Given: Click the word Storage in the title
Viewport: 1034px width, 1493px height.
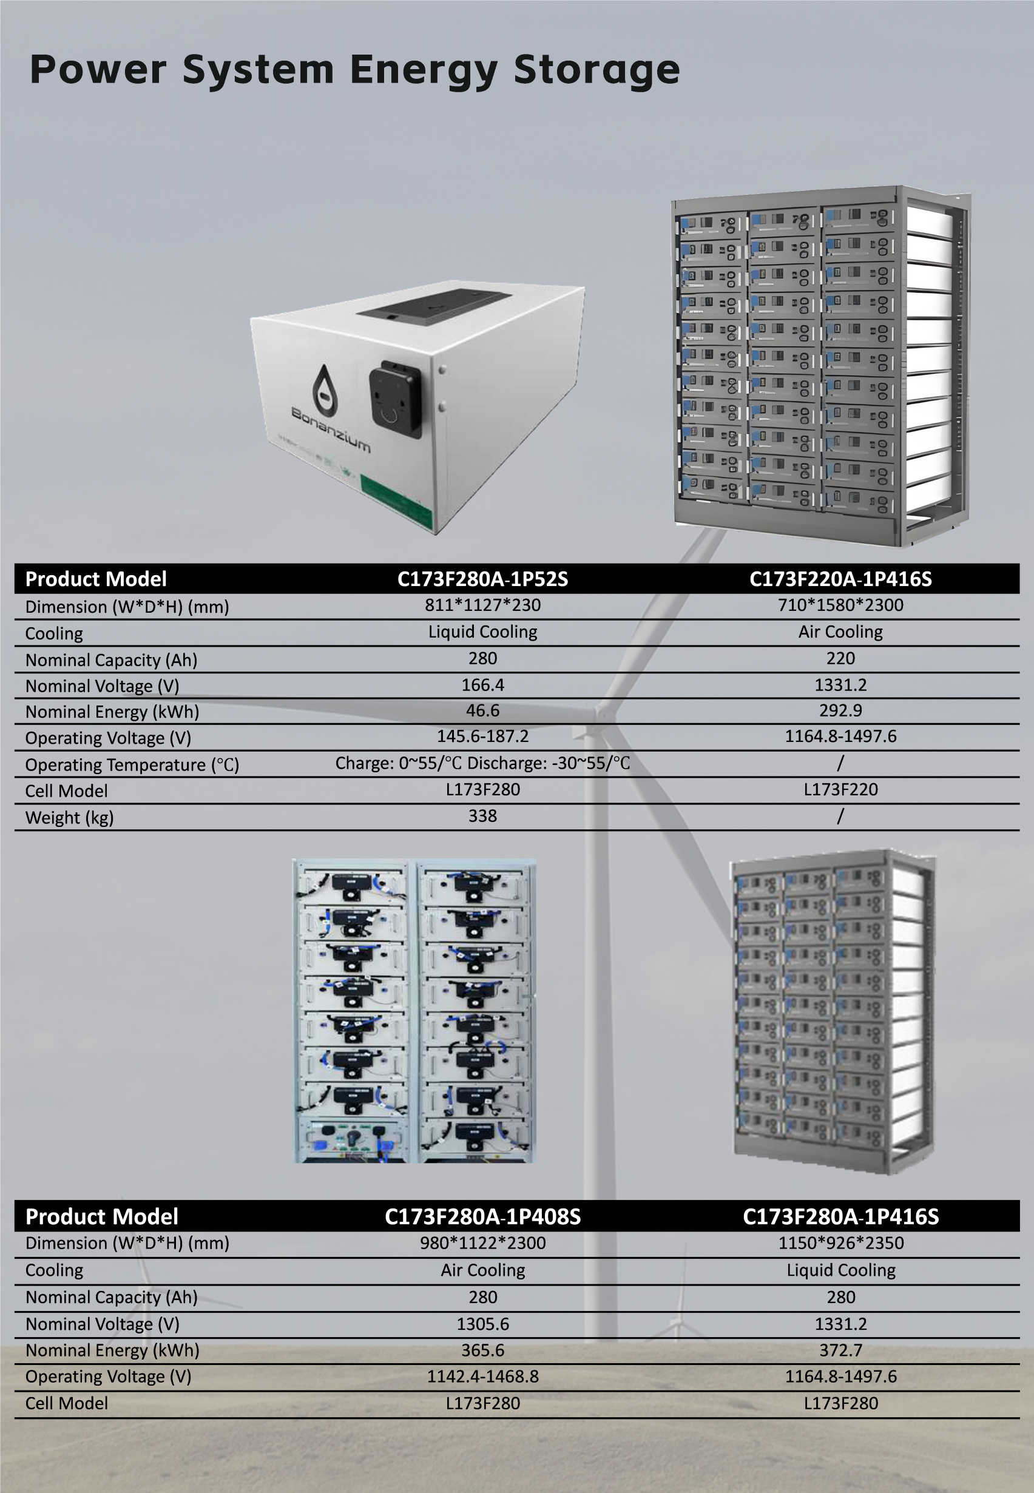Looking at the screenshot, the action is click(x=596, y=70).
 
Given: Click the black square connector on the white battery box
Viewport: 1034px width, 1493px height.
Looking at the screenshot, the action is click(x=396, y=399).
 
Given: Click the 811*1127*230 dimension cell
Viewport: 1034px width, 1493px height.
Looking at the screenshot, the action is click(x=482, y=605).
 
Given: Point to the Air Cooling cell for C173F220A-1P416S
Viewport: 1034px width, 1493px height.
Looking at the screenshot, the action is click(x=840, y=632).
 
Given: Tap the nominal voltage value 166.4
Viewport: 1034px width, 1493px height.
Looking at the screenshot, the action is click(x=482, y=685).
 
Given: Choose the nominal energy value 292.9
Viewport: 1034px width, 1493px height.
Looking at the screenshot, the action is click(x=840, y=710).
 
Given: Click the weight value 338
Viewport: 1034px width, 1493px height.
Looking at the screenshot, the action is click(x=482, y=815).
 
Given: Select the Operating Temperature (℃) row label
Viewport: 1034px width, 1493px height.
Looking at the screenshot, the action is click(x=132, y=765).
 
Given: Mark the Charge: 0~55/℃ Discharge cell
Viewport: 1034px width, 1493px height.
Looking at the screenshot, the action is click(x=482, y=763).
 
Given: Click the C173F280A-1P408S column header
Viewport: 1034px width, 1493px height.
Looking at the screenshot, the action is click(x=482, y=1216).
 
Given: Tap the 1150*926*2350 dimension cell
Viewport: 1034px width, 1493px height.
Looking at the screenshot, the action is click(x=841, y=1243).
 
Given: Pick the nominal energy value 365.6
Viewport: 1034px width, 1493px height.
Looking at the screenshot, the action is click(x=482, y=1350).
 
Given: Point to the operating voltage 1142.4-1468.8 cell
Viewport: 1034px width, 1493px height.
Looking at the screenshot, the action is click(x=482, y=1377).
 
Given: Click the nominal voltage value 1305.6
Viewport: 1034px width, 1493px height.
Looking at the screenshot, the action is click(x=482, y=1324).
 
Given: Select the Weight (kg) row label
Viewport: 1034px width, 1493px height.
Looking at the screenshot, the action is click(x=69, y=817).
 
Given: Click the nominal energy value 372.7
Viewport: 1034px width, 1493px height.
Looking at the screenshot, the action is click(x=841, y=1350).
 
